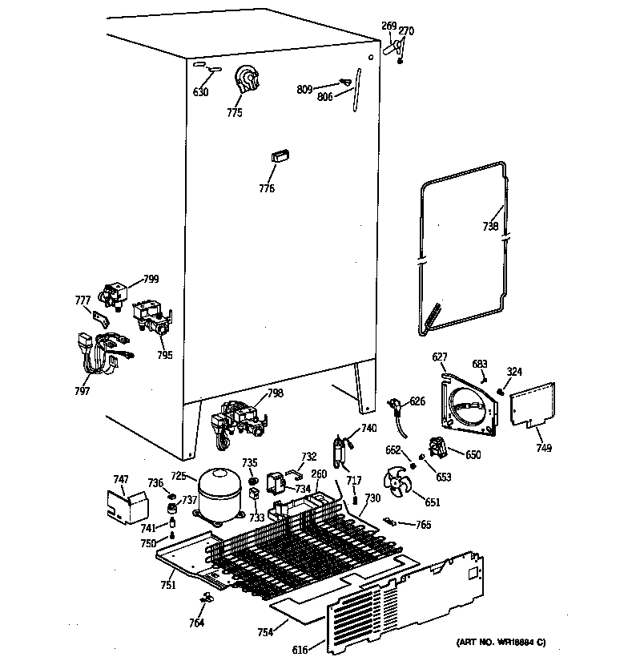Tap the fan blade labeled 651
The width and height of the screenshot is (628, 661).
(x=400, y=483)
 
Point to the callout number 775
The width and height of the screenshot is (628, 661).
(x=234, y=113)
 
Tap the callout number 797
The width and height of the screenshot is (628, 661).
(x=82, y=391)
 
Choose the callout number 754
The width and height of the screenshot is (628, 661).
(x=265, y=632)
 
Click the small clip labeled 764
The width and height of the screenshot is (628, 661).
(x=206, y=597)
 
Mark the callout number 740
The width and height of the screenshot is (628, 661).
(x=368, y=429)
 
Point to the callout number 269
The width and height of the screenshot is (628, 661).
(x=388, y=26)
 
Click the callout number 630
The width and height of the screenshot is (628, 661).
(x=200, y=92)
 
